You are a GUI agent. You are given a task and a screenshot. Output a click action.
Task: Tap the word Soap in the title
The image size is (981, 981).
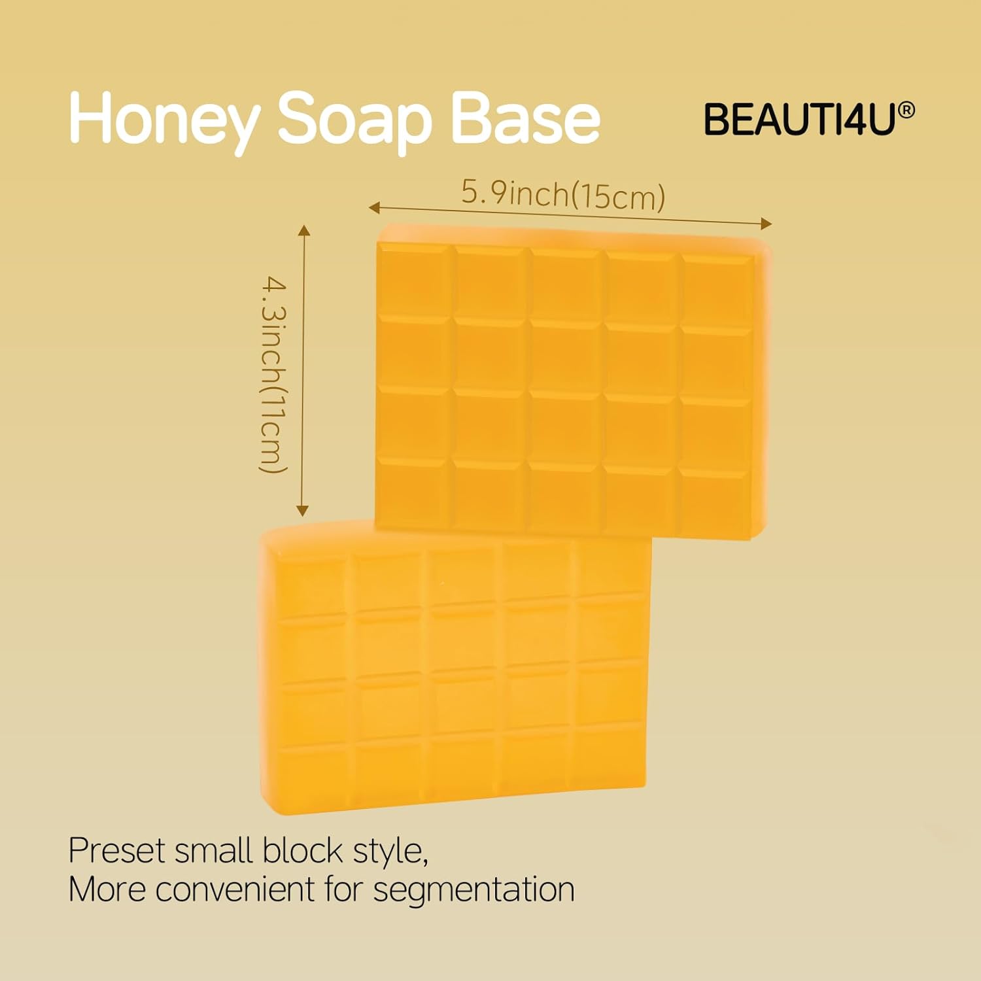(x=355, y=120)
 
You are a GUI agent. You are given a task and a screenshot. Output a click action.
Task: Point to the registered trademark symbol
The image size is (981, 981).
(x=906, y=111)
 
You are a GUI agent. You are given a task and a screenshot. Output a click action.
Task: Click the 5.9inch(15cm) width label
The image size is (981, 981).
(x=563, y=194)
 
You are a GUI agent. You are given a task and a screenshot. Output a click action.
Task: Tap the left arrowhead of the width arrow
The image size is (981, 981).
(x=373, y=208)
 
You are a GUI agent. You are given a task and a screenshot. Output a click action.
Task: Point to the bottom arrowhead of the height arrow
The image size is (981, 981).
(x=302, y=511)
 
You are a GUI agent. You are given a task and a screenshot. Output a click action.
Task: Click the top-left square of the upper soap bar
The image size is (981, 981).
(x=414, y=281)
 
